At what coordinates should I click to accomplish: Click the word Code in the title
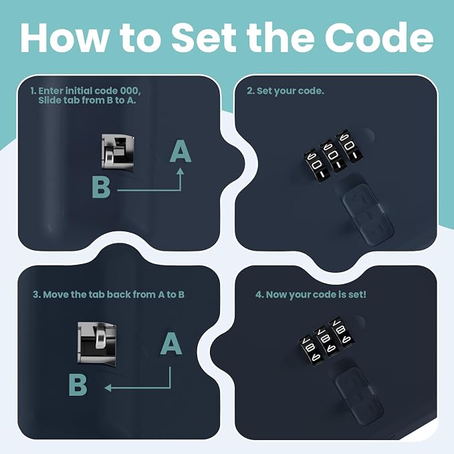click(379, 37)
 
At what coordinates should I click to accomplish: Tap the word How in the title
click(62, 37)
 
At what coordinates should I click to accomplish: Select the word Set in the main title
click(203, 37)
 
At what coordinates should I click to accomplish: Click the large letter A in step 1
click(180, 151)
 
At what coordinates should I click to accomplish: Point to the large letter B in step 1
click(101, 187)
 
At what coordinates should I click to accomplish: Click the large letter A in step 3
click(171, 344)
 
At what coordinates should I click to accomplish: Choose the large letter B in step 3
click(78, 384)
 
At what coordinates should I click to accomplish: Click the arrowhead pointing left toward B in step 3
click(108, 387)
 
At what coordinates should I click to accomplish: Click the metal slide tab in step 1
click(118, 152)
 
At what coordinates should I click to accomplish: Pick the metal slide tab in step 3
click(97, 342)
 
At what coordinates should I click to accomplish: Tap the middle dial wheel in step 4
click(326, 341)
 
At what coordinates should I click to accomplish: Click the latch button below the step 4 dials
click(359, 396)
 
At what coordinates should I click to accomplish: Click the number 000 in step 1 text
click(129, 91)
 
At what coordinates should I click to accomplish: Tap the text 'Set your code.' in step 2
click(290, 91)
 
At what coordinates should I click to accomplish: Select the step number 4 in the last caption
click(259, 294)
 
